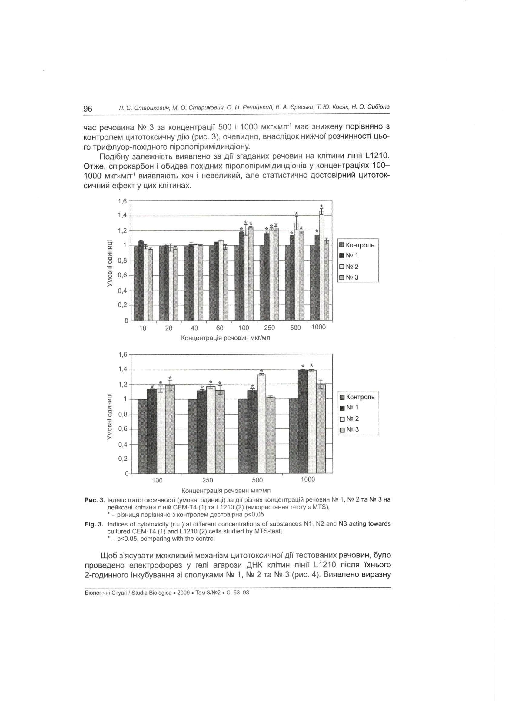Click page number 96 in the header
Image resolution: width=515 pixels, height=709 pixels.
88,109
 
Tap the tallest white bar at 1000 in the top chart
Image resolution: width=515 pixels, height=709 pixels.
321,266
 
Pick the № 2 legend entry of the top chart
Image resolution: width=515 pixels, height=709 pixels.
349,267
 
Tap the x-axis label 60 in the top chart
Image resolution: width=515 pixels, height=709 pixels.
220,328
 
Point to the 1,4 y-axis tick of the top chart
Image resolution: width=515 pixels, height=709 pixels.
122,215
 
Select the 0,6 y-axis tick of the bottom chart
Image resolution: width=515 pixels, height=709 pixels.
122,429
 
